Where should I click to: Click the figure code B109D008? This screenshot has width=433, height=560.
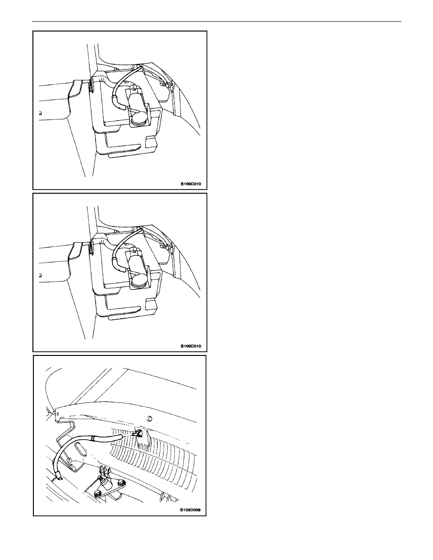coord(190,510)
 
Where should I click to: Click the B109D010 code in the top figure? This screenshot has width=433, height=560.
coord(190,184)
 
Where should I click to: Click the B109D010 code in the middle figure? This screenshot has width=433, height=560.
coord(190,346)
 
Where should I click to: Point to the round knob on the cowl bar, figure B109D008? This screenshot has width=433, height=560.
coord(150,418)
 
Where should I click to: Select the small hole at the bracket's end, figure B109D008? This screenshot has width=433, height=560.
coord(57,414)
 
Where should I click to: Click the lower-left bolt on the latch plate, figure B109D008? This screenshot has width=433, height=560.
coord(97,493)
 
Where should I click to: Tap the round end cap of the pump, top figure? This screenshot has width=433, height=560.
coord(138,120)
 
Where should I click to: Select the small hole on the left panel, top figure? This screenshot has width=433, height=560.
coord(40,113)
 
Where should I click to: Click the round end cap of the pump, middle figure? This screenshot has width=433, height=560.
coord(138,282)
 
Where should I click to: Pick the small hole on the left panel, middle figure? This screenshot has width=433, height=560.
coord(40,275)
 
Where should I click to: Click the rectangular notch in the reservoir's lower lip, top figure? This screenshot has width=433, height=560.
coord(151,143)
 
